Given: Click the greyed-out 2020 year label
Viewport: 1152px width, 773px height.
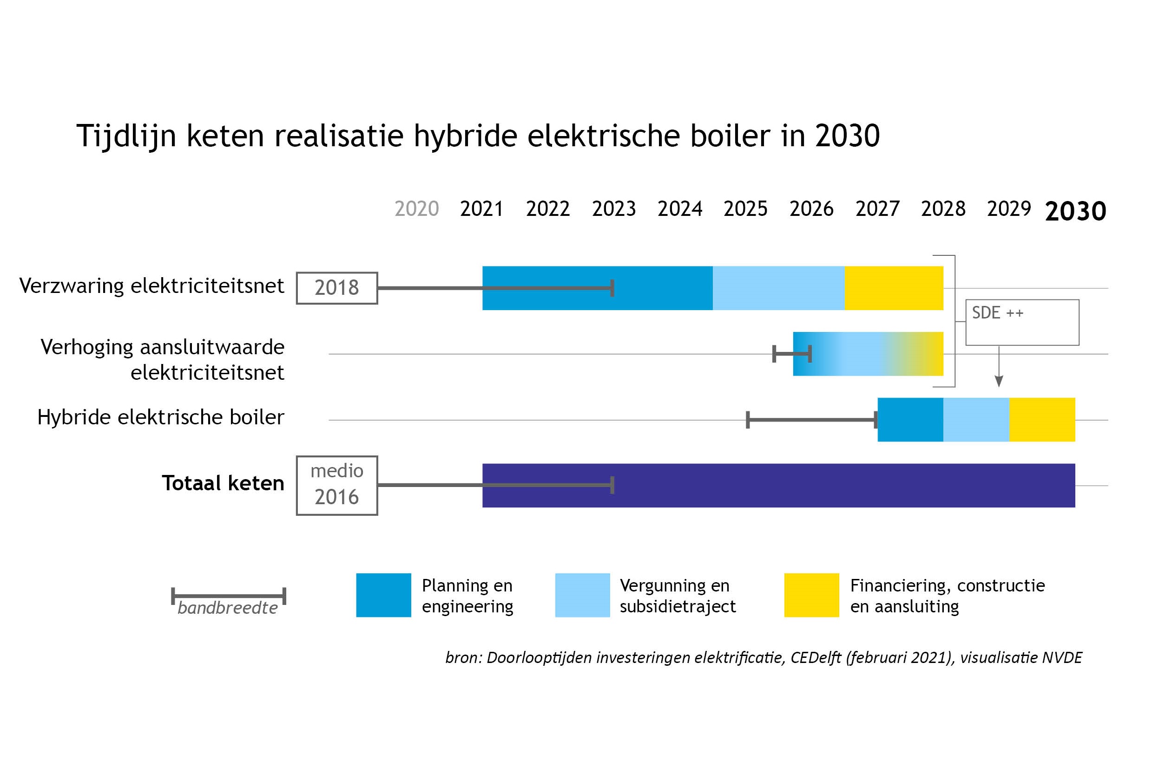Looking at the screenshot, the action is click(x=416, y=209).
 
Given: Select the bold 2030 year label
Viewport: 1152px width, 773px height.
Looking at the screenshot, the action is click(x=1075, y=211).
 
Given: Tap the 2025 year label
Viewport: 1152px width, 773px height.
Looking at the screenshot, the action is click(x=745, y=209).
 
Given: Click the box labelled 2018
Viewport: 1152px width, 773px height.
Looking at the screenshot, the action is click(x=337, y=288).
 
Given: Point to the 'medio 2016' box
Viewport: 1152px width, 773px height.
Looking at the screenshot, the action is click(x=337, y=486).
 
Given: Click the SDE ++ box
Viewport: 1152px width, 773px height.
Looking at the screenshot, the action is click(x=1022, y=322).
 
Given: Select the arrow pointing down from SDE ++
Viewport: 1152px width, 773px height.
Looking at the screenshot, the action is click(x=999, y=366).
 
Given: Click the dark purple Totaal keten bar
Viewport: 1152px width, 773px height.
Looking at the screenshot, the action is click(x=778, y=486).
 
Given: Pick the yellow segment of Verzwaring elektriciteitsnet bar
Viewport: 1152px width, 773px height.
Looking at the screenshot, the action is click(x=894, y=288).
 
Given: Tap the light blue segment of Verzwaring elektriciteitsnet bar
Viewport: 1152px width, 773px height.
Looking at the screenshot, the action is click(x=778, y=288).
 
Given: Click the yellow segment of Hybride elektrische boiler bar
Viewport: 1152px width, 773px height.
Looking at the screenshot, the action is click(x=1042, y=420).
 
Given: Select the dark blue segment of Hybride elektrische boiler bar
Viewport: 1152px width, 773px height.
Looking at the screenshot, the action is click(x=910, y=420).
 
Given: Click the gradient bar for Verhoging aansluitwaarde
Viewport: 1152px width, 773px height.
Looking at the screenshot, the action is click(x=869, y=354).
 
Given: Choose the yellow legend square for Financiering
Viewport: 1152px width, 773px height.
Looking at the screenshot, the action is click(x=811, y=595).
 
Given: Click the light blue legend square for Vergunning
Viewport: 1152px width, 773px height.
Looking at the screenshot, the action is click(x=582, y=595).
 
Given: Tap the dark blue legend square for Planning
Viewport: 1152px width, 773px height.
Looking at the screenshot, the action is click(x=383, y=595).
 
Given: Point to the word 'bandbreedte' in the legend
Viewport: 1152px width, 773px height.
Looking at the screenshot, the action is click(x=227, y=608).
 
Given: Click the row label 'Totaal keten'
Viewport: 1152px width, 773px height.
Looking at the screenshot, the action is click(x=223, y=483).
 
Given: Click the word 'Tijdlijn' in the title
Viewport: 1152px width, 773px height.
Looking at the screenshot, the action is click(x=126, y=136).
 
